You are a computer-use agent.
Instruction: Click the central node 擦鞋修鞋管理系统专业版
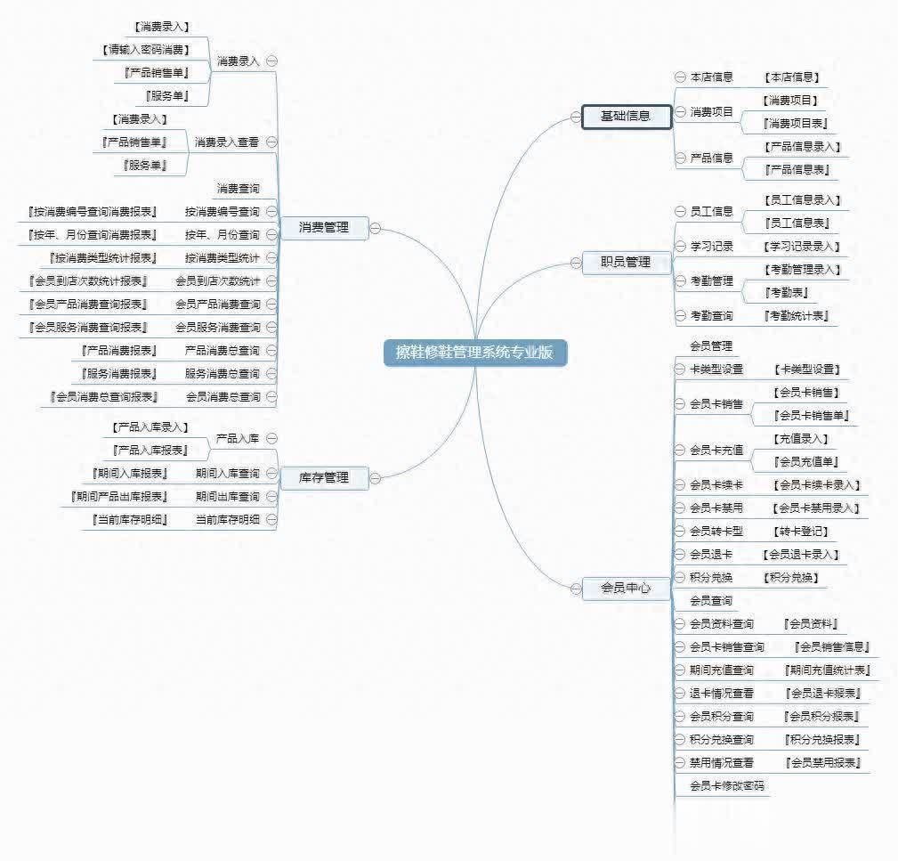[474, 353]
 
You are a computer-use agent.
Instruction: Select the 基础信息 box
[626, 117]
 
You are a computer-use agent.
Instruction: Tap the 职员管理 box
[626, 262]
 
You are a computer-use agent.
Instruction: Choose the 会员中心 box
[626, 588]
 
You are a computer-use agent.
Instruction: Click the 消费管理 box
[324, 228]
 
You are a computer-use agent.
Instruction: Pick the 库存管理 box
[324, 477]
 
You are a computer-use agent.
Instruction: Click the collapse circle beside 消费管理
[376, 228]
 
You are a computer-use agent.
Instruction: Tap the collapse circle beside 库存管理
[376, 477]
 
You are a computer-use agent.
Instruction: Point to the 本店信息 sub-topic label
[711, 77]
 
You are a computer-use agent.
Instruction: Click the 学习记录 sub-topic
[711, 247]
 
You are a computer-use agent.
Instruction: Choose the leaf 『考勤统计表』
[797, 316]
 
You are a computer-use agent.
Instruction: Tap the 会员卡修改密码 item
[726, 786]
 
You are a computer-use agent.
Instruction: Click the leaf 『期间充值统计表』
[827, 670]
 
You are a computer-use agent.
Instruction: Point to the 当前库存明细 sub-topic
[228, 519]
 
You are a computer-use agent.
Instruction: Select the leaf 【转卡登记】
[802, 532]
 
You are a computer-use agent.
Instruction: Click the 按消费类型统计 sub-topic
[222, 258]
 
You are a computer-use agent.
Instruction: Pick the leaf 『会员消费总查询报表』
[105, 397]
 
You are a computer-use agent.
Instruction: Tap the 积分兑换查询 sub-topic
[721, 740]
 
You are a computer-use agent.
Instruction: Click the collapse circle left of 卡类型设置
[680, 370]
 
